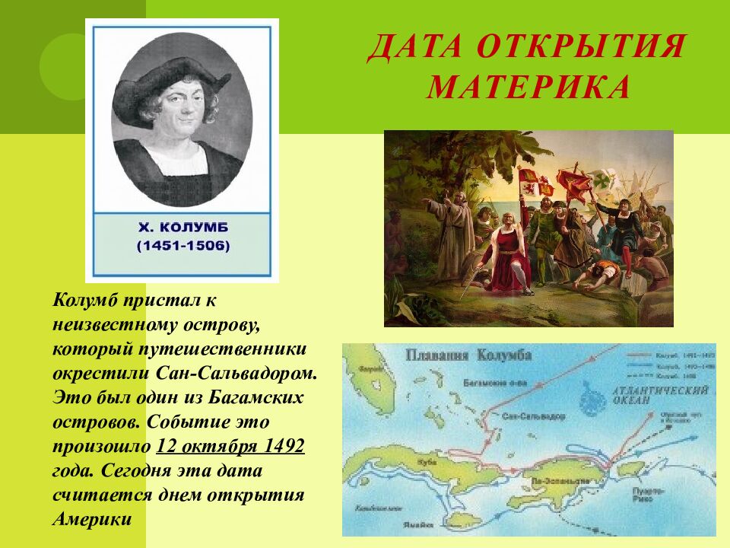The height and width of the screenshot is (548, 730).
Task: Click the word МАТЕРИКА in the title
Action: pyautogui.click(x=528, y=87)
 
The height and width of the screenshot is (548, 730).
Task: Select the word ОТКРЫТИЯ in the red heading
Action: pyautogui.click(x=582, y=48)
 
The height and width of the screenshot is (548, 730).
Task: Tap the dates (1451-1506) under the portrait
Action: pyautogui.click(x=182, y=247)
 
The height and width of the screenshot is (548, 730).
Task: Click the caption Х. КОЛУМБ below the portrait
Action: pyautogui.click(x=182, y=227)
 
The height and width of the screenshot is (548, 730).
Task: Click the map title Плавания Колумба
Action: pyautogui.click(x=468, y=355)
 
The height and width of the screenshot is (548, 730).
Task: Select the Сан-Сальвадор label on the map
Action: pyautogui.click(x=532, y=418)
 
